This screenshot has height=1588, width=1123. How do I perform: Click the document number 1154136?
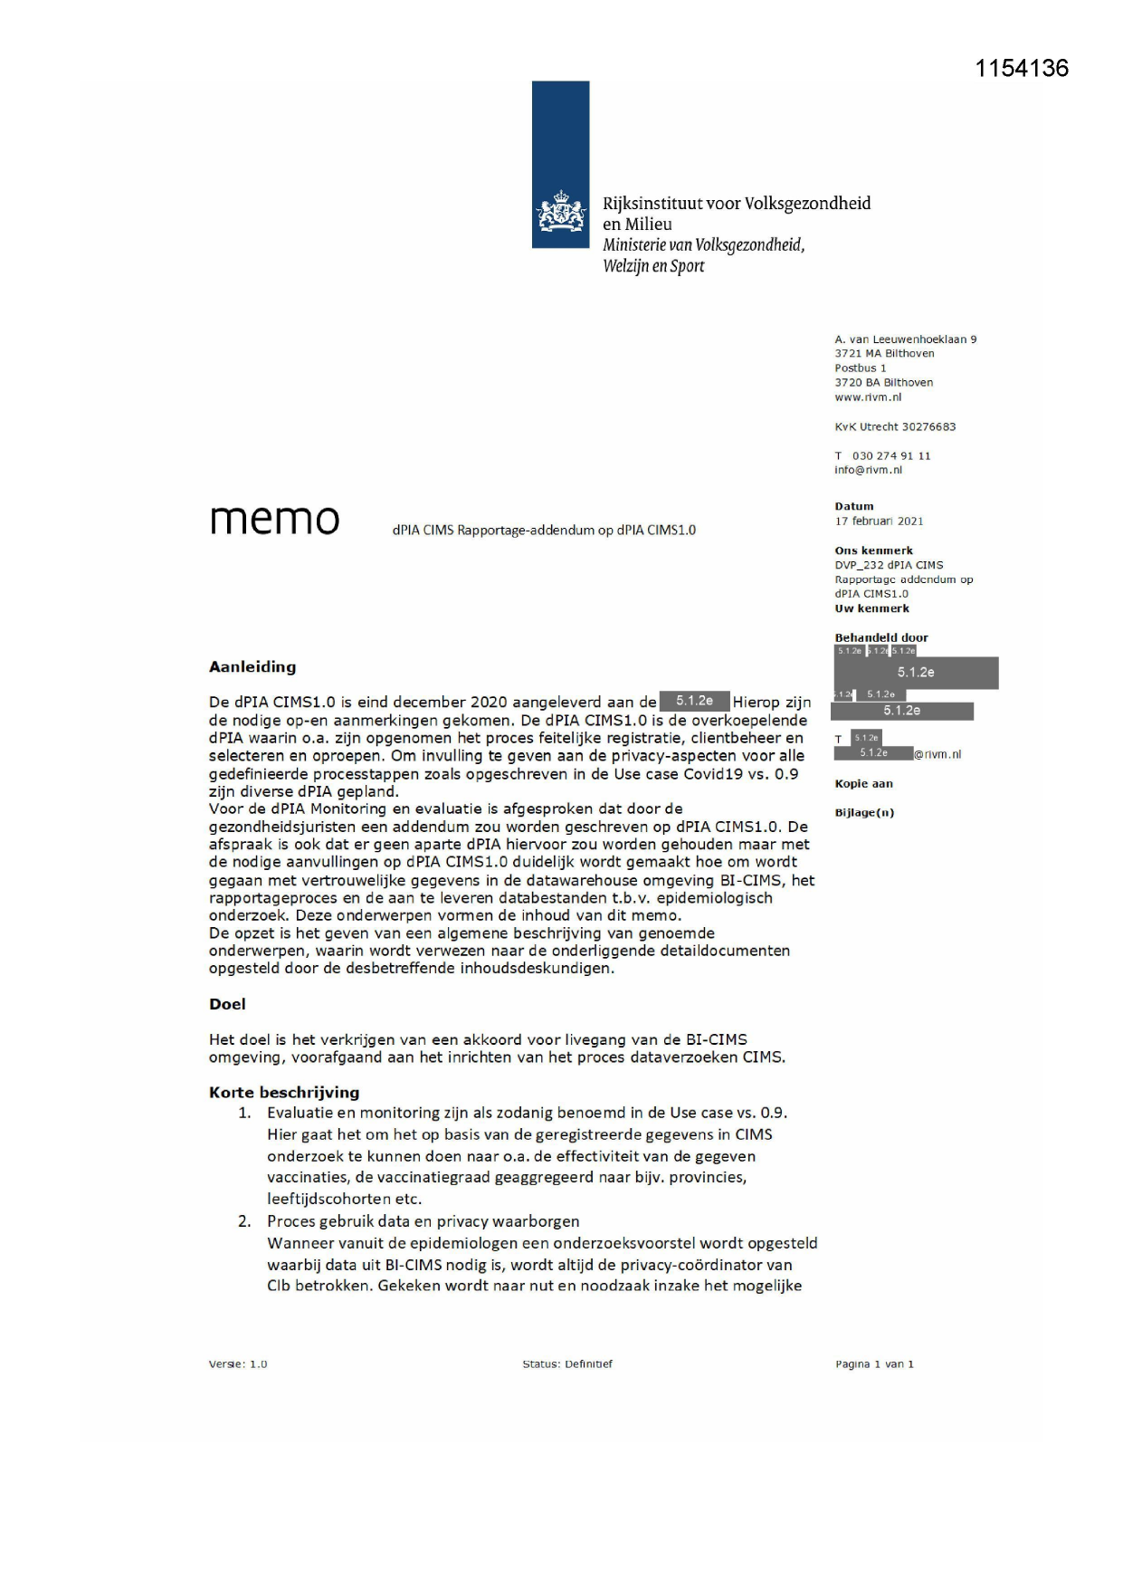coord(1022,69)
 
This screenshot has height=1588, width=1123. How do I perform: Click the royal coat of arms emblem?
coord(560,215)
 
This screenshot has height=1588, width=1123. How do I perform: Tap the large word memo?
coord(274,520)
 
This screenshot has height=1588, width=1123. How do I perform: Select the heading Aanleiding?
coord(252,667)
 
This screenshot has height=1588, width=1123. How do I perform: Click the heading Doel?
coord(227,1004)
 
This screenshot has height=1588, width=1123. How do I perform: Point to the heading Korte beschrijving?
coord(284,1093)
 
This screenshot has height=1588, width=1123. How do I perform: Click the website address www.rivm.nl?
coord(868,397)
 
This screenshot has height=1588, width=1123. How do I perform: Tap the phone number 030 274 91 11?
coord(891,456)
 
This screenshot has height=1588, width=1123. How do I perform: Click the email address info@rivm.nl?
coord(868,470)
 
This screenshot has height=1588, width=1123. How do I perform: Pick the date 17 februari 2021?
coord(879,521)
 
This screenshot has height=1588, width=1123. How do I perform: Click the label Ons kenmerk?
coord(873,550)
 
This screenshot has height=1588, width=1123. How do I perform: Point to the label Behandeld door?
coord(881,637)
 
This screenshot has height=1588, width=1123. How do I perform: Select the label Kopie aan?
coord(863,784)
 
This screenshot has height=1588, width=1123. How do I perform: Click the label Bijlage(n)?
coord(864,813)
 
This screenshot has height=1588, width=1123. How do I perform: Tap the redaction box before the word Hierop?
coord(694,702)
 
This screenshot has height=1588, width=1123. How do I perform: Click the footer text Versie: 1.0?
coord(238,1364)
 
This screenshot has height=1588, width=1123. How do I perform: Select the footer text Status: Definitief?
coord(567,1364)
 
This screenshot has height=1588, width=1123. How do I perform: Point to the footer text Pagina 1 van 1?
coord(874,1364)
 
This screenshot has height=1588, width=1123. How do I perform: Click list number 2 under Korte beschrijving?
coord(244,1221)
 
